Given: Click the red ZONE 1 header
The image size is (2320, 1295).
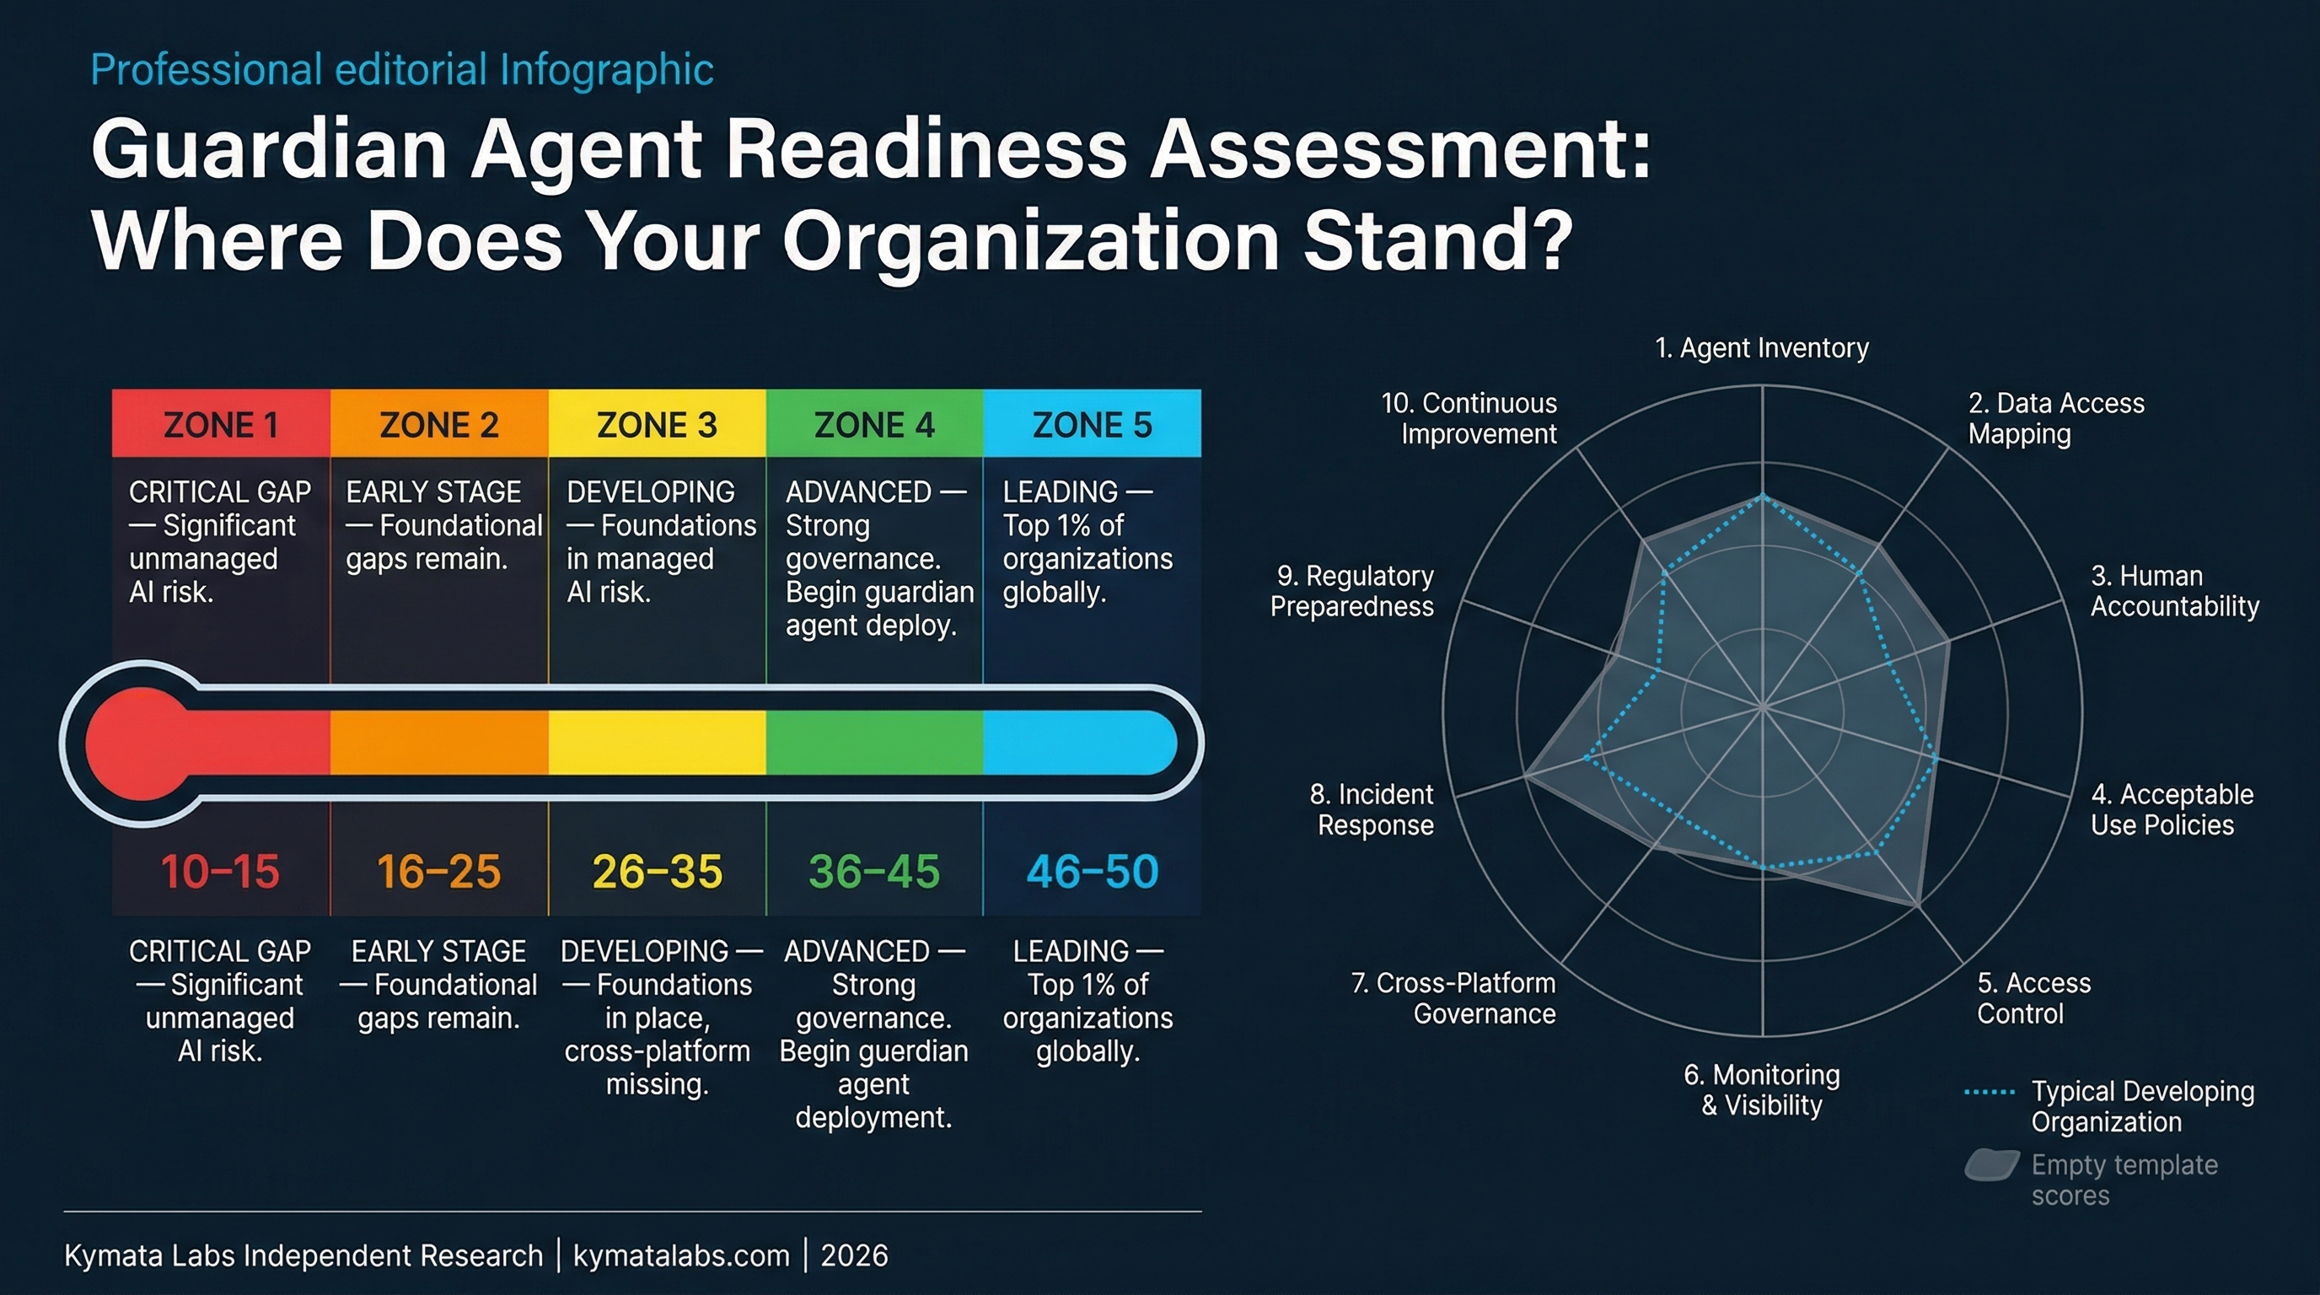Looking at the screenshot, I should click(221, 424).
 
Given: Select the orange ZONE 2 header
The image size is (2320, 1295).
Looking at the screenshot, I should click(438, 424).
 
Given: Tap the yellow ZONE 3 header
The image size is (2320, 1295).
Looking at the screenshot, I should click(657, 424).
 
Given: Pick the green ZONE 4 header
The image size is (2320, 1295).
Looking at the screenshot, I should click(873, 424).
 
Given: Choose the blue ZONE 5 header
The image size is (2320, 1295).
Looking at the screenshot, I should click(1092, 424).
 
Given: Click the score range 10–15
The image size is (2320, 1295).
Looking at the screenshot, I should click(221, 871).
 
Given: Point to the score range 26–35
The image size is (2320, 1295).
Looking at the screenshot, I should click(657, 871).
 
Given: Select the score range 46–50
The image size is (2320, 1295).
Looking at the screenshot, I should click(1092, 871).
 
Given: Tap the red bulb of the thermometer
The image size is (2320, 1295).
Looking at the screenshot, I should click(141, 743).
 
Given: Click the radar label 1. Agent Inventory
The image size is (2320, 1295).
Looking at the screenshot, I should click(1762, 347).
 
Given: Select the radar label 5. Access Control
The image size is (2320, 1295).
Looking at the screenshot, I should click(2033, 998).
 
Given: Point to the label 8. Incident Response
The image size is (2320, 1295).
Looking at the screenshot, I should click(1372, 809).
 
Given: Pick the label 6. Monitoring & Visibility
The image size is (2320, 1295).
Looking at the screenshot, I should click(1762, 1089).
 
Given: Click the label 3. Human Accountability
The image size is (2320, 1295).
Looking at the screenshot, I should click(2174, 591).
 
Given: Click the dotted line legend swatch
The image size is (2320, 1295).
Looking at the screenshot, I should click(1989, 1093).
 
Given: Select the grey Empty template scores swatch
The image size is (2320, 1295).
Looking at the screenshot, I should click(1990, 1165).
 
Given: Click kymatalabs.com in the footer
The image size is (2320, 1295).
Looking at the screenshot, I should click(681, 1255).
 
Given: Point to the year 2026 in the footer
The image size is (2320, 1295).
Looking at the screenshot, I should click(854, 1255).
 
